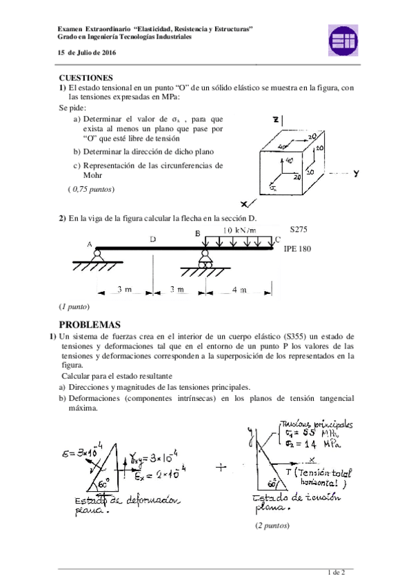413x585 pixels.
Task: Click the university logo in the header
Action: (342, 39)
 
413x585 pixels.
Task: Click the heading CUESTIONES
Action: (86, 78)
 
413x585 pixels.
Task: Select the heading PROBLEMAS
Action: (90, 324)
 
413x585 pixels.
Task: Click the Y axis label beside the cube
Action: (356, 175)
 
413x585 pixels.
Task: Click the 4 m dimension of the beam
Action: (239, 290)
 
